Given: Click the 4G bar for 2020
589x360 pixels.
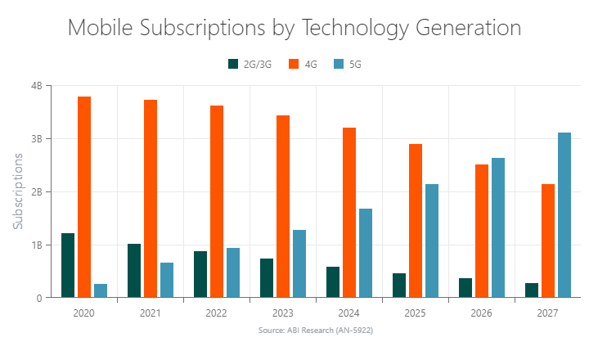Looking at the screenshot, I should coord(84,197).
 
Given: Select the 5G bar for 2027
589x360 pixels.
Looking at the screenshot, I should coord(564,215).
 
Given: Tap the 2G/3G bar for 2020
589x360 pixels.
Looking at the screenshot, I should coord(68,265).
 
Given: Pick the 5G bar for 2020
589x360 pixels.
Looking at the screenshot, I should coord(101,290).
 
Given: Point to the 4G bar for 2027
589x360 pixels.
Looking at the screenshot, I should coord(548,241).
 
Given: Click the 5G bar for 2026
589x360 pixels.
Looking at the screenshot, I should coord(498,227).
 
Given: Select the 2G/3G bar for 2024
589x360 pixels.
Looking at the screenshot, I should coord(333,282).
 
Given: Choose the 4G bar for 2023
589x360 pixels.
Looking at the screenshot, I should coord(283,206).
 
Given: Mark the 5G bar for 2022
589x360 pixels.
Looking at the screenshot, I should coord(233,272).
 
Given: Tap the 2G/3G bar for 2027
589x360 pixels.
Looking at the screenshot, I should coord(532,290).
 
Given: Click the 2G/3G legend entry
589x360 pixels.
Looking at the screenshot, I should coord(250,64).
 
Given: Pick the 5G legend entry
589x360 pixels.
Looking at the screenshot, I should coord(347,64).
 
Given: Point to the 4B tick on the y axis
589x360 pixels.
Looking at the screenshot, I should coord(36,86).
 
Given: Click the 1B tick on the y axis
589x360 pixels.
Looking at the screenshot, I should coord(36,245).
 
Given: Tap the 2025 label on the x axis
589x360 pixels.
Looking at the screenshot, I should coord(416,313).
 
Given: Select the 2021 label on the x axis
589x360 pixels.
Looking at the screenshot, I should coord(151,313).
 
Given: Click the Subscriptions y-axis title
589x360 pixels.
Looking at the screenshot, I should coord(18,191).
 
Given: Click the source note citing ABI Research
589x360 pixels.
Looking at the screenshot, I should coord(315,330).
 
